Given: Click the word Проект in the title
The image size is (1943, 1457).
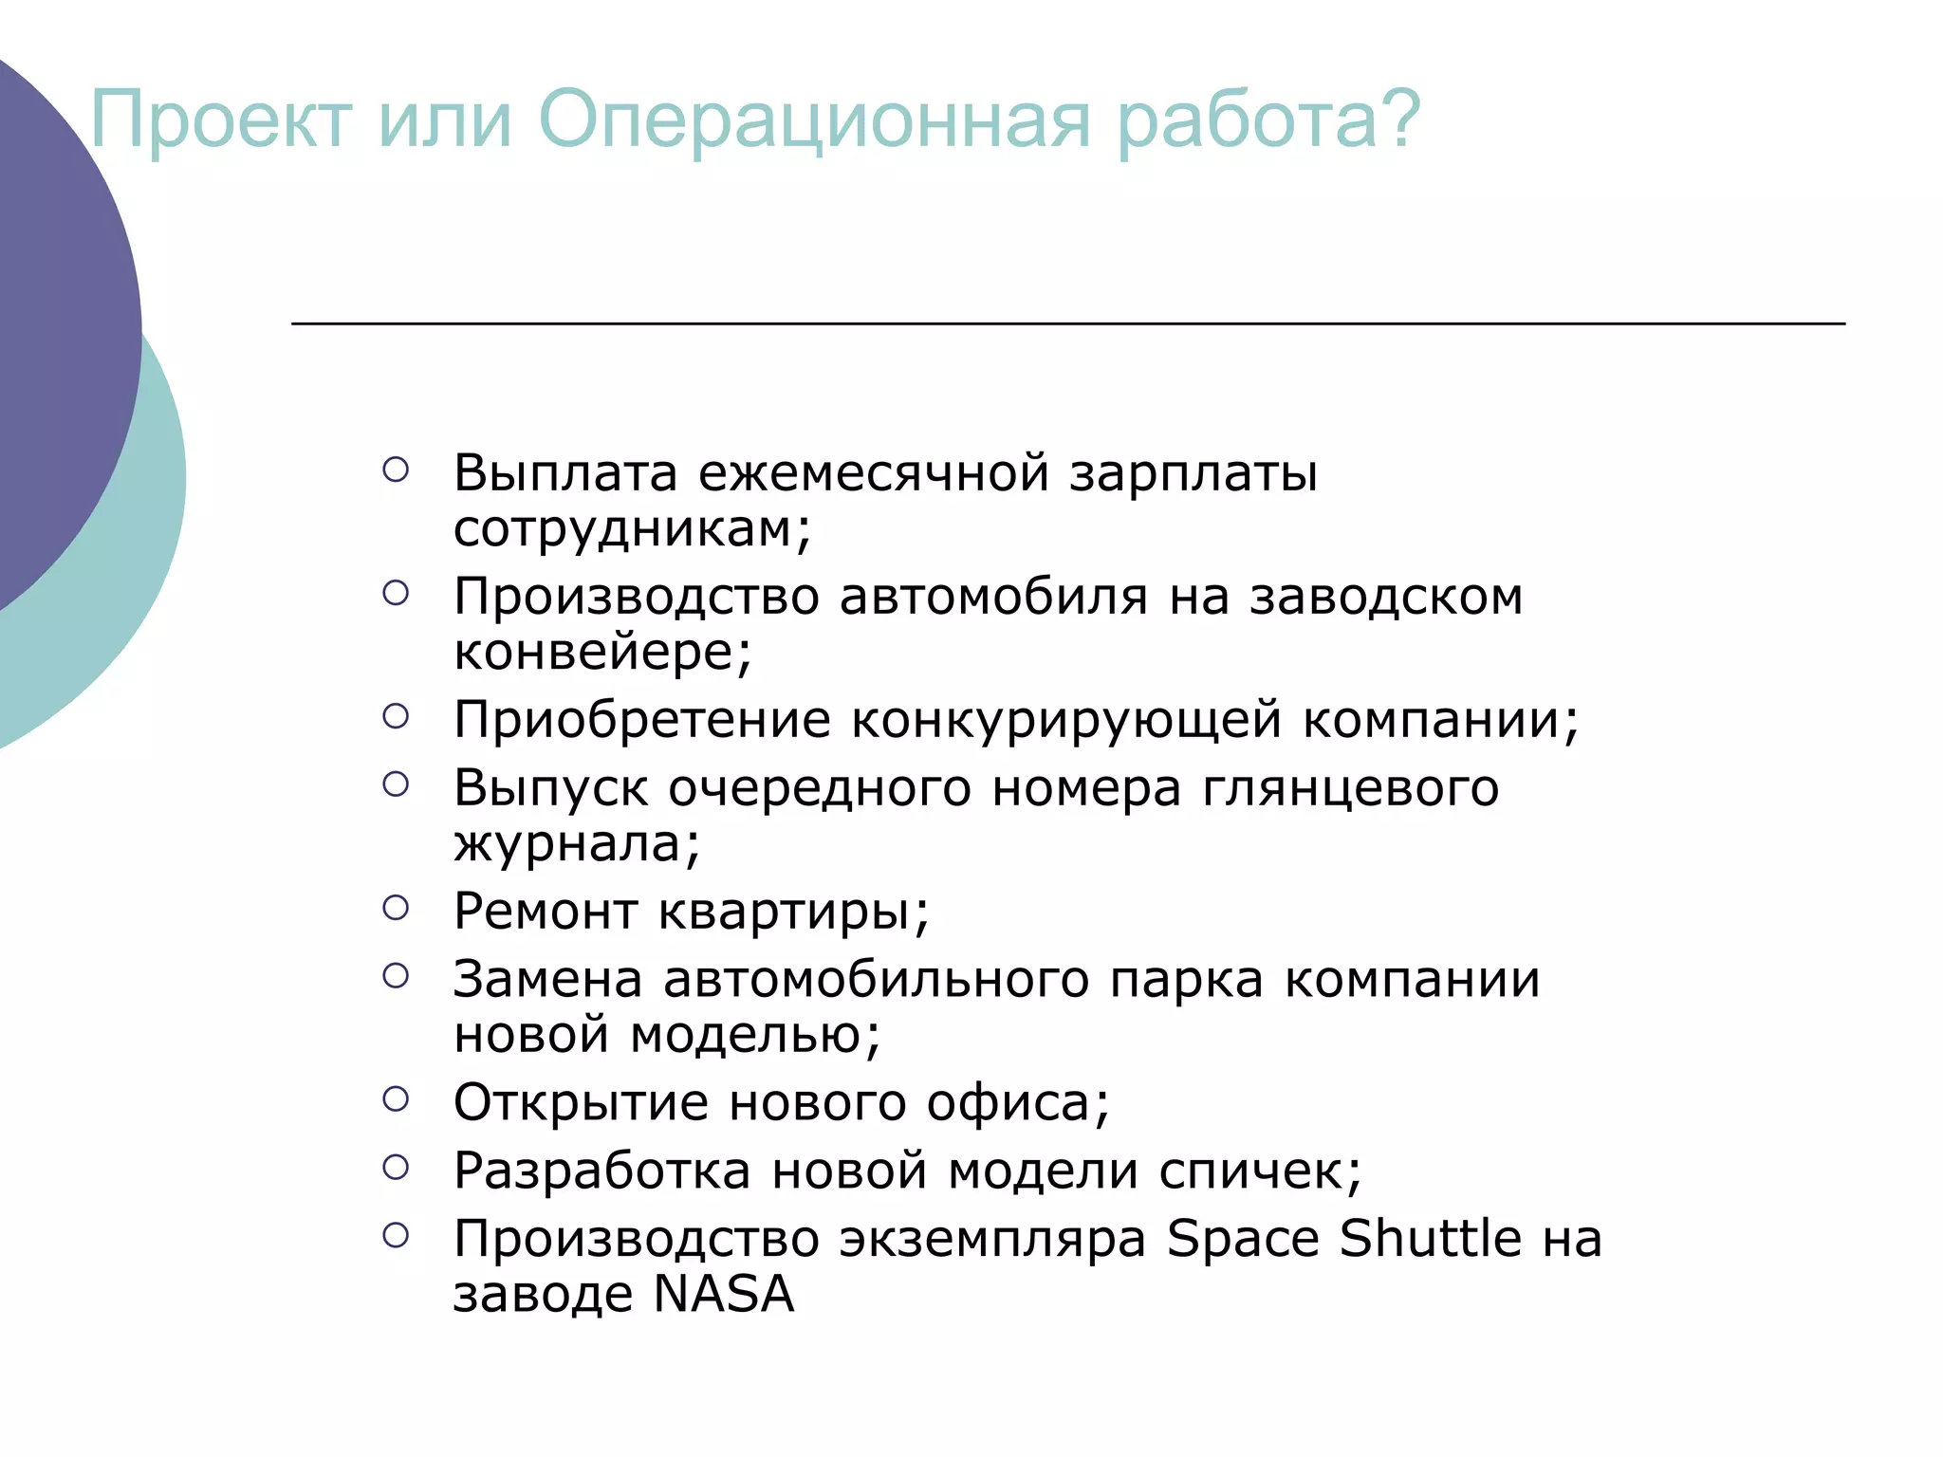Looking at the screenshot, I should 221,120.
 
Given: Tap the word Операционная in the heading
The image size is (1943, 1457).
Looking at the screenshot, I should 814,120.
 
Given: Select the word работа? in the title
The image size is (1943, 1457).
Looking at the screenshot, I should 1268,120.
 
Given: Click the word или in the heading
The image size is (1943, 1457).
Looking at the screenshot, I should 445,120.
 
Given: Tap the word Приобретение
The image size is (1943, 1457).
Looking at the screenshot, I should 642,720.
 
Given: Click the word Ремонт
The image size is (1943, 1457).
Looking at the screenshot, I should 546,912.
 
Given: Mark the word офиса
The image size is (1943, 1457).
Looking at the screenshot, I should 1017,1103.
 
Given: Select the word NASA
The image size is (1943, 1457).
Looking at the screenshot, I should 724,1295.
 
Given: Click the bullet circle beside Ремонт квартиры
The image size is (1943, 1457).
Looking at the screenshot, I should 396,908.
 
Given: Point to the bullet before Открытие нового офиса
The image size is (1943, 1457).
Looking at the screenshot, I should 396,1099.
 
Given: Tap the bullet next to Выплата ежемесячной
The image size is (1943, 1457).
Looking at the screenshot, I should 396,470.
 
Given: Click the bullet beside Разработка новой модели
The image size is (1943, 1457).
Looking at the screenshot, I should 396,1168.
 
